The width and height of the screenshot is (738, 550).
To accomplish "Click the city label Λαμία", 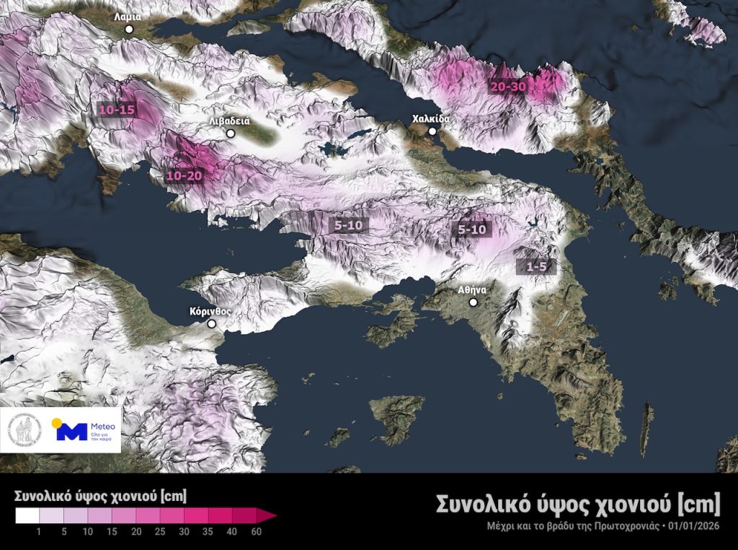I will (x=128, y=16).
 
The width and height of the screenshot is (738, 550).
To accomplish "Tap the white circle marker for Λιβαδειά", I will (x=231, y=134).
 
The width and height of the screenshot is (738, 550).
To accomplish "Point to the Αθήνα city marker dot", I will (x=474, y=302).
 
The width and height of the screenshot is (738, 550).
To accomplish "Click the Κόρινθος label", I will (x=210, y=312).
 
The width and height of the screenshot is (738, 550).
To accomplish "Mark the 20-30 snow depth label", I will (x=509, y=87).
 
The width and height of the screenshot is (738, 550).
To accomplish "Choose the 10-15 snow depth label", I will (x=117, y=110).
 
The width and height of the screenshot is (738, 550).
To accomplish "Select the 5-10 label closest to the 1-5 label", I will (x=474, y=230).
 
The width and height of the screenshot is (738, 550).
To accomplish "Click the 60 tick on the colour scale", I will (x=256, y=533).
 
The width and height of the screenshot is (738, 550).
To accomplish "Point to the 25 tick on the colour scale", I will (x=160, y=533).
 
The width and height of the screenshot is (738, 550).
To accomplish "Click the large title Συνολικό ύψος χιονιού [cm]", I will (x=578, y=503).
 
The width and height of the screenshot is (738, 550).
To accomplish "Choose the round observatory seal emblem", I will (x=25, y=430).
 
